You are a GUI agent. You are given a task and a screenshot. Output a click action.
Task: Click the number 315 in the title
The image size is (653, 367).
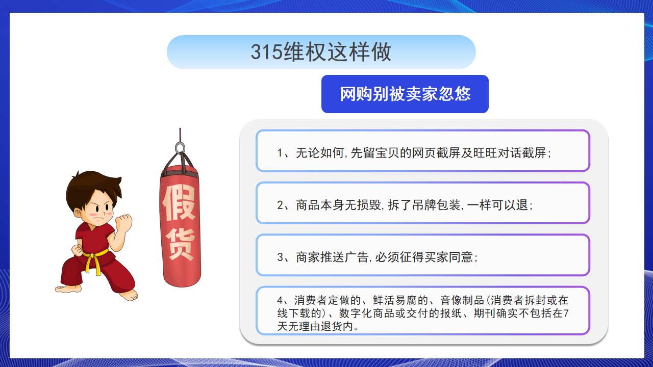click(266, 52)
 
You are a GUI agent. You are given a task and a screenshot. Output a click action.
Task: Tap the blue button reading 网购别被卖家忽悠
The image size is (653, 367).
click(405, 94)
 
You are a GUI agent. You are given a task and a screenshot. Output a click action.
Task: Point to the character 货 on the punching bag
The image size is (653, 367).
click(180, 244)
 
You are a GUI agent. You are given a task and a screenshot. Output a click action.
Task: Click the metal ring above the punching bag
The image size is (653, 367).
click(180, 148)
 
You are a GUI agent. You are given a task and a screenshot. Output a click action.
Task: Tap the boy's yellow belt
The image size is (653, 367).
click(94, 261)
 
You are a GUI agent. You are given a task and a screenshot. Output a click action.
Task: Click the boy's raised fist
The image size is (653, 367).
click(124, 223)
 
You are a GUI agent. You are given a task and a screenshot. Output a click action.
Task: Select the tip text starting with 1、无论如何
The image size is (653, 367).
click(414, 153)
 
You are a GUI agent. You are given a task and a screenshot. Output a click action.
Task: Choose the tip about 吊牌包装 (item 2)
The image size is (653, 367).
click(405, 205)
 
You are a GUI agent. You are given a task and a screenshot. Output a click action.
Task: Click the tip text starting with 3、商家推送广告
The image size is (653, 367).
click(377, 257)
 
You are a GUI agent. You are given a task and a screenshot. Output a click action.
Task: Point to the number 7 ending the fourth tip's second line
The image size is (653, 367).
click(566, 313)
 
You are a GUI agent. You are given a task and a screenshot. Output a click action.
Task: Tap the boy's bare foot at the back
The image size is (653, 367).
click(69, 289)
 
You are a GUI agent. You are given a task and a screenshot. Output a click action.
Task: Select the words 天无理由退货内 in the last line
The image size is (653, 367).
click(315, 326)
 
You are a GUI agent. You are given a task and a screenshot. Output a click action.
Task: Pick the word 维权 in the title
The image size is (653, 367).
click(305, 52)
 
